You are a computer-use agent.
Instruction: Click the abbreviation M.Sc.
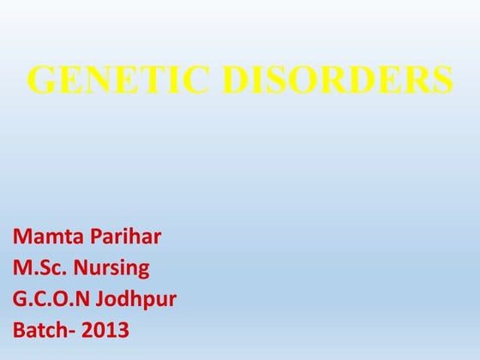tap(39, 268)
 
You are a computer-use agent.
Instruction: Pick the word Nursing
tap(111, 268)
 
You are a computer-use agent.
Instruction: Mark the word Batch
tap(41, 328)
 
